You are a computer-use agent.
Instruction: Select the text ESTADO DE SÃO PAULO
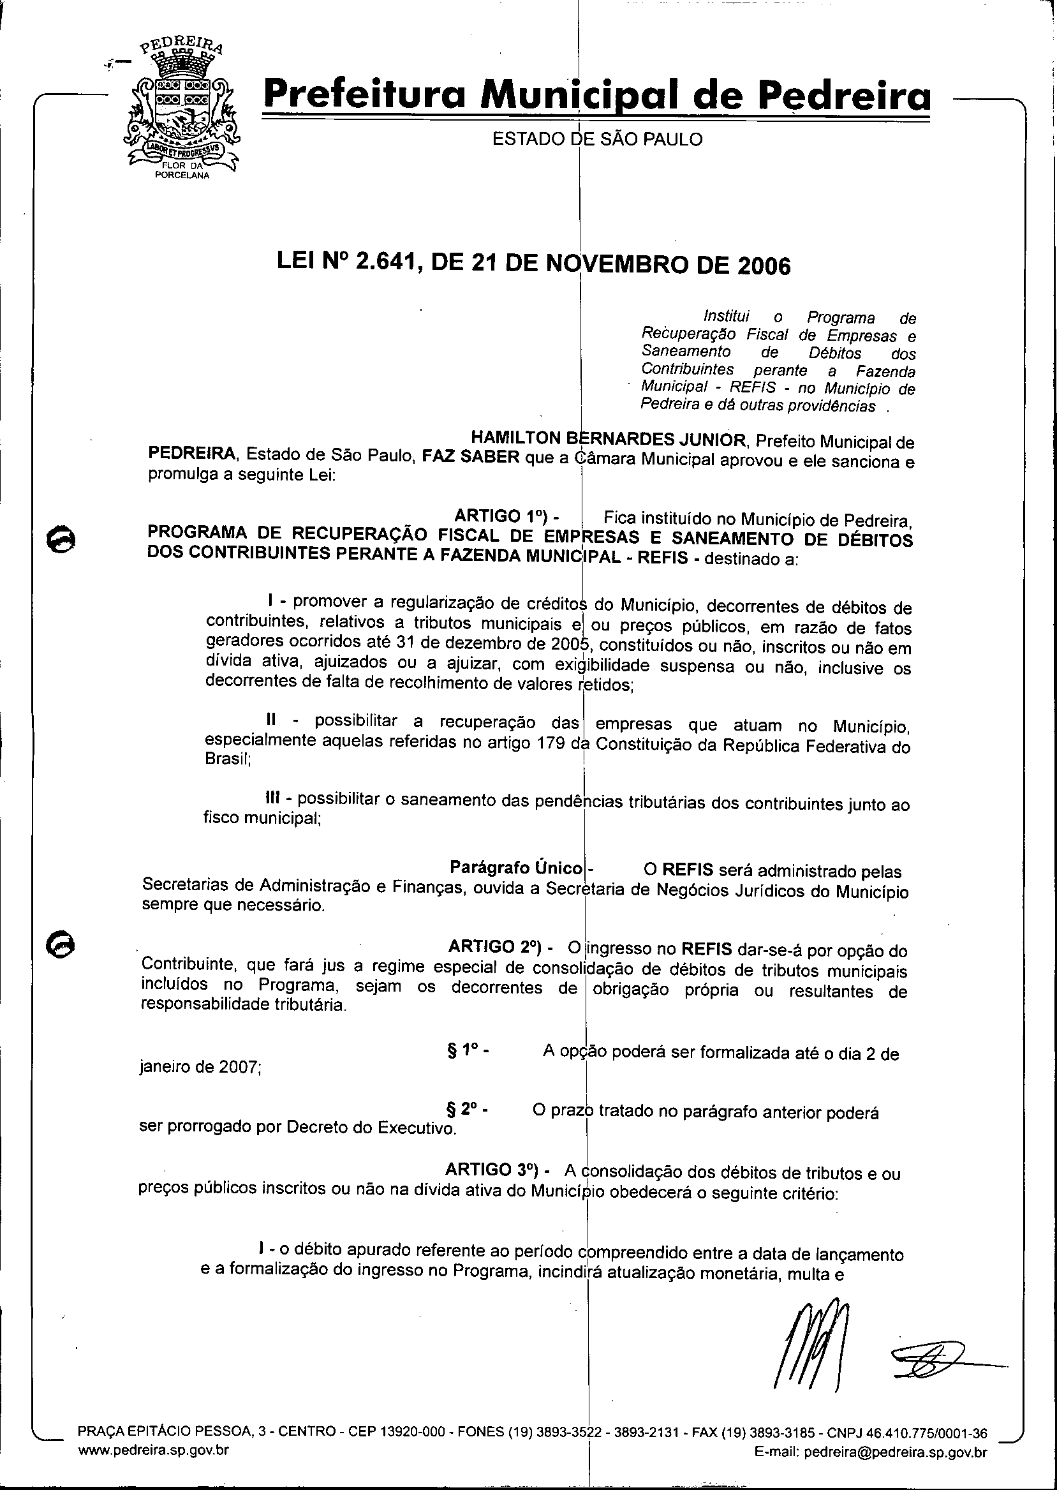[x=597, y=139]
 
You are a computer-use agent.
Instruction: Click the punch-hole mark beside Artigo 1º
[x=63, y=540]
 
